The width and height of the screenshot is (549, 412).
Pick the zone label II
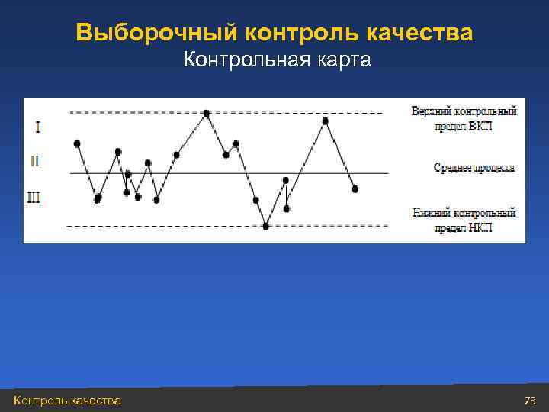(35, 161)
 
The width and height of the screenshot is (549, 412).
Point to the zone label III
(34, 198)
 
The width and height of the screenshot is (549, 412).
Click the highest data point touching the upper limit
(206, 113)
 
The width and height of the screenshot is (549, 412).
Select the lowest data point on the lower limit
(266, 226)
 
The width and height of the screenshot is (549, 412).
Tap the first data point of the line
(77, 143)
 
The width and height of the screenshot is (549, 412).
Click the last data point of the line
(355, 188)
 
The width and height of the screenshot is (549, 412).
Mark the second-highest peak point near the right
(326, 121)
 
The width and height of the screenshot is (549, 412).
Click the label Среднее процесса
(474, 167)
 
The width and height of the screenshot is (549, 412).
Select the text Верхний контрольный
(464, 111)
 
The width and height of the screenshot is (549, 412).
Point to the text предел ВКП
(464, 126)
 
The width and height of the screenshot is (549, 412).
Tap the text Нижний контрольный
(464, 213)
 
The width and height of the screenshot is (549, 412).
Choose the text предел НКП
(464, 227)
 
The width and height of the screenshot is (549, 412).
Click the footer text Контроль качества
(67, 401)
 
